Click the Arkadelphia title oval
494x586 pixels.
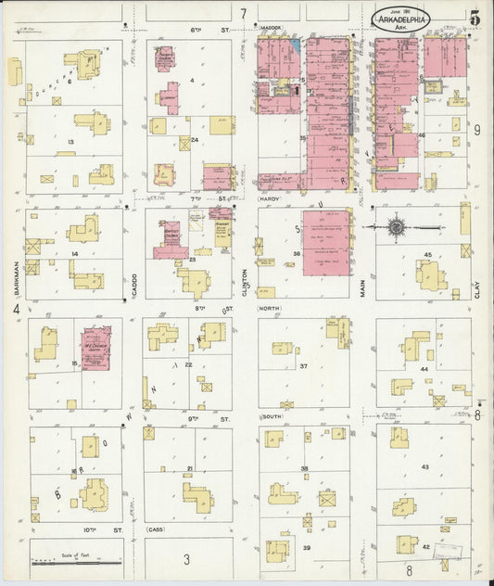pyautogui.click(x=401, y=18)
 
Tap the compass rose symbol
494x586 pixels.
pyautogui.click(x=397, y=226)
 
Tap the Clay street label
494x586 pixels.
pyautogui.click(x=479, y=291)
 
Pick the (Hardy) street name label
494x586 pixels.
pyautogui.click(x=269, y=198)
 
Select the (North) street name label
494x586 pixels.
pyautogui.click(x=270, y=310)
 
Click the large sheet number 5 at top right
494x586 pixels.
pyautogui.click(x=475, y=17)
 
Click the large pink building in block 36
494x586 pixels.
pyautogui.click(x=327, y=241)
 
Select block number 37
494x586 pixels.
pyautogui.click(x=303, y=366)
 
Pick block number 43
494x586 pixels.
pyautogui.click(x=425, y=466)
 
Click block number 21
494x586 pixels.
pyautogui.click(x=190, y=469)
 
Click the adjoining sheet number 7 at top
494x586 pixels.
pyautogui.click(x=244, y=13)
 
